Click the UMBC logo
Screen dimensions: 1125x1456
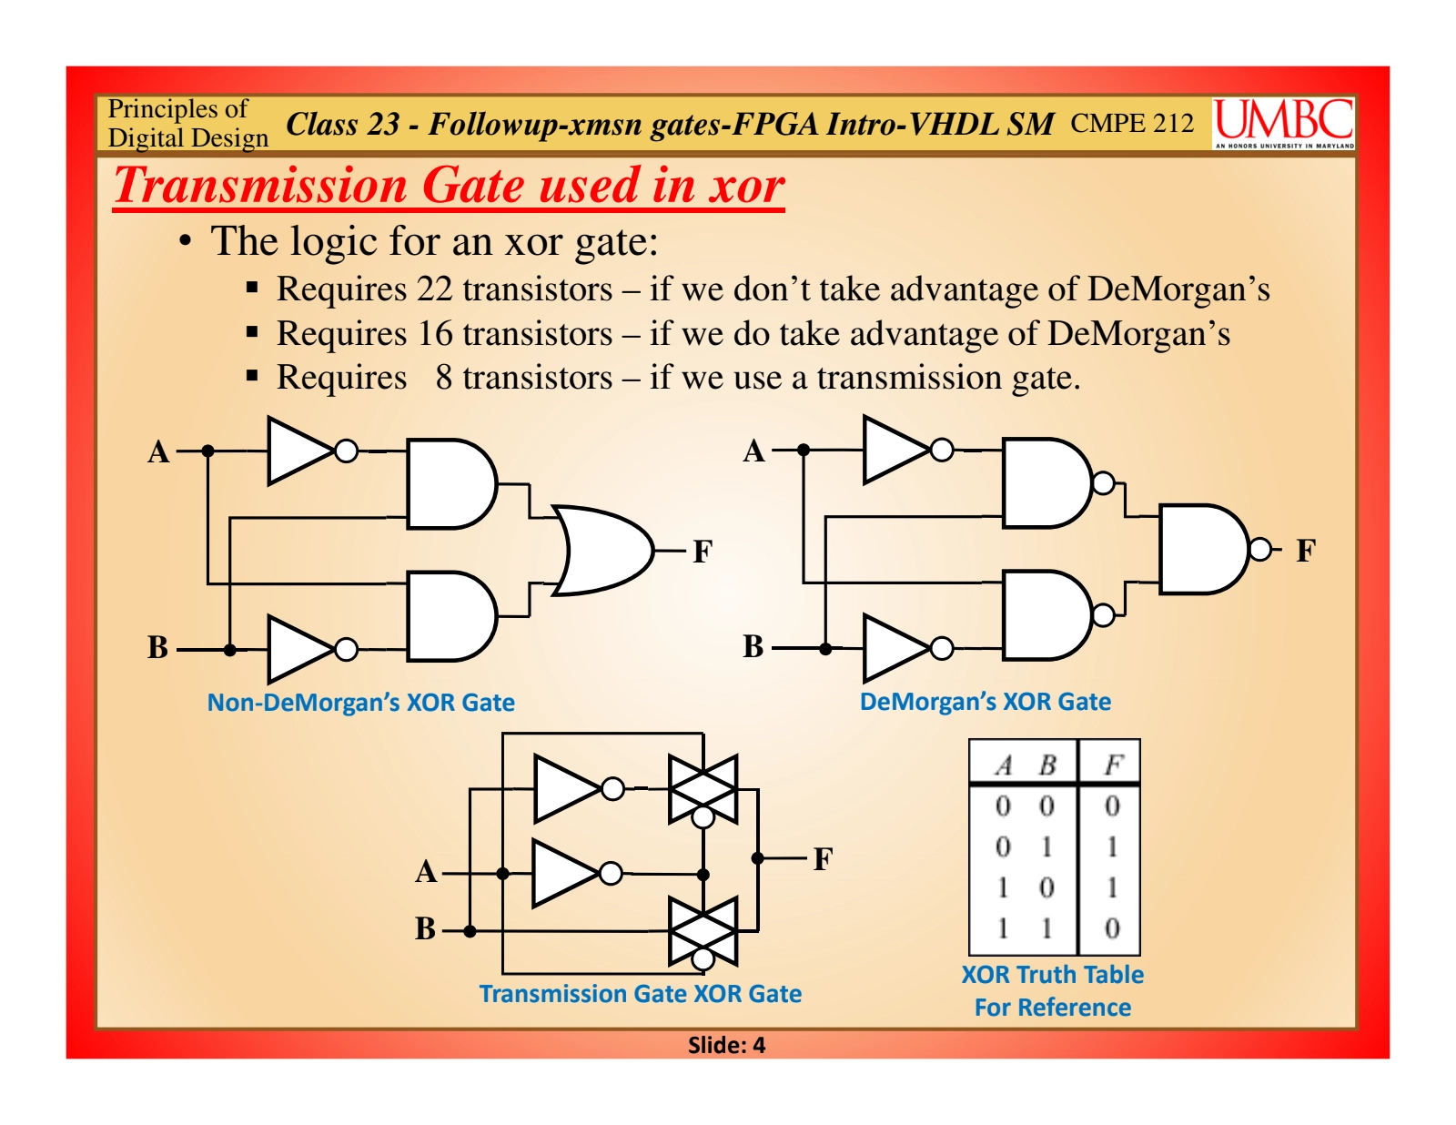coord(1283,123)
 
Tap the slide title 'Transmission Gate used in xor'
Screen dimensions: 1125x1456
coord(449,186)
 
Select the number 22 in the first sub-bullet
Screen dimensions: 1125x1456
coord(434,289)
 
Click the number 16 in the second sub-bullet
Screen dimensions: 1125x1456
coord(435,334)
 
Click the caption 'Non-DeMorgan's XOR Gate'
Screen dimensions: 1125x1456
coord(360,703)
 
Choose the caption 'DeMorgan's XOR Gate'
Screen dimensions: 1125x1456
coord(985,702)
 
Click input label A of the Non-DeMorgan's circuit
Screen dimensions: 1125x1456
coord(159,451)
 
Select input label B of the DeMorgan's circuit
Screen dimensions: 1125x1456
coord(753,646)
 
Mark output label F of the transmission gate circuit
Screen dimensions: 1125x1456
coord(823,858)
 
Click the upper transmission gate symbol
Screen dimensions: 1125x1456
coord(703,789)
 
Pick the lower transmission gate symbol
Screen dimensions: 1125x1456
coord(703,931)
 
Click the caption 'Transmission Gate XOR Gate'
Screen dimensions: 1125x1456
coord(640,994)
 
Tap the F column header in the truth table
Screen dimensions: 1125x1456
coord(1112,765)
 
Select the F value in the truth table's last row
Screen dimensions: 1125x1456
coord(1112,928)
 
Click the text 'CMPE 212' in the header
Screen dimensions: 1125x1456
coord(1132,123)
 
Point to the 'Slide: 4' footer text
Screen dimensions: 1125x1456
coord(726,1045)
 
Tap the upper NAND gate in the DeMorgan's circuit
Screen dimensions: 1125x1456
coord(1046,483)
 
